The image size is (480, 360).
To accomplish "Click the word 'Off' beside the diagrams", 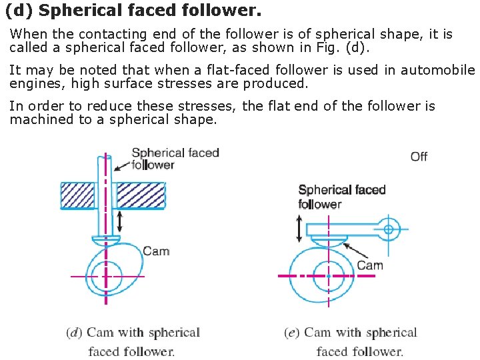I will tap(419, 157).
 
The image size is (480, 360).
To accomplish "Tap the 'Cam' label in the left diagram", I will tap(156, 251).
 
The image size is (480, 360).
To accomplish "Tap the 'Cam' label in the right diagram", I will tap(370, 265).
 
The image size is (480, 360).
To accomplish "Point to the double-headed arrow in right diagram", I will tap(299, 229).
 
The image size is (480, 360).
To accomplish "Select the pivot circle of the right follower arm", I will tap(389, 229).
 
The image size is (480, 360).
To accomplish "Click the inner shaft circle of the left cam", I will tap(106, 276).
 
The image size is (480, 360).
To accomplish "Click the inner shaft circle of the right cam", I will tap(328, 275).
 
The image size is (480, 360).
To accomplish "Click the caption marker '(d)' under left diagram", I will tap(75, 333).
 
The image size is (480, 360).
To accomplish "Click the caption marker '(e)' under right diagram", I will tap(292, 333).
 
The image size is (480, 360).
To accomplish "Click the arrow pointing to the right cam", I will tap(349, 254).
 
